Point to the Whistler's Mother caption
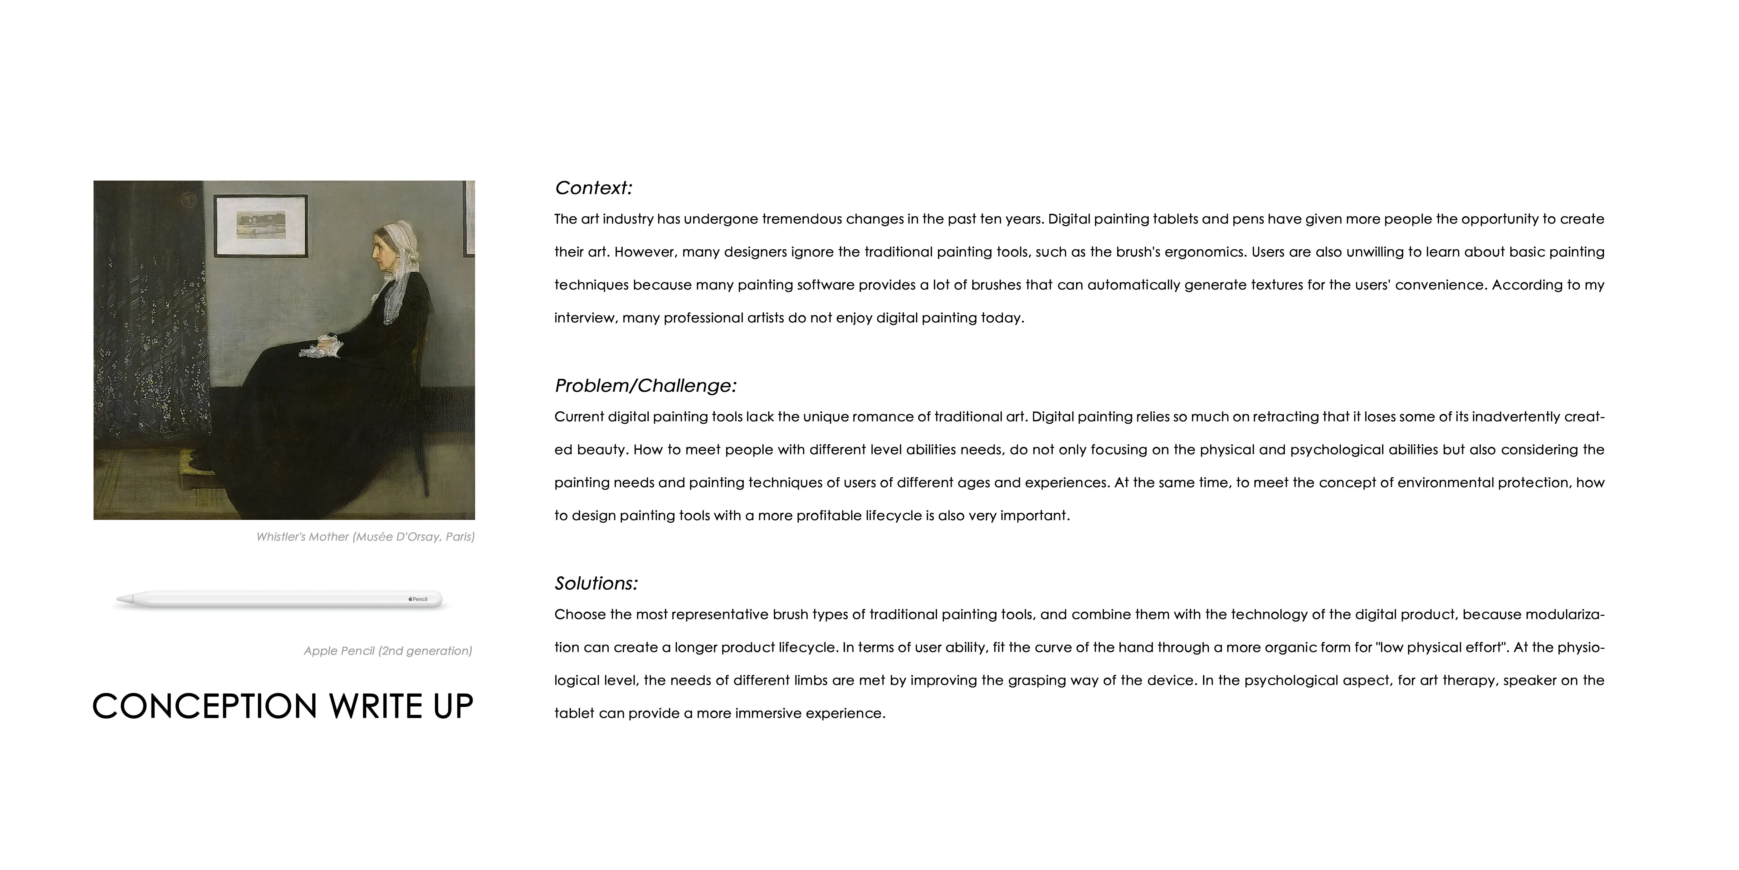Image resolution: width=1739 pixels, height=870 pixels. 365,537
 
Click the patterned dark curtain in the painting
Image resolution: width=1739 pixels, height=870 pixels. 149,324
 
